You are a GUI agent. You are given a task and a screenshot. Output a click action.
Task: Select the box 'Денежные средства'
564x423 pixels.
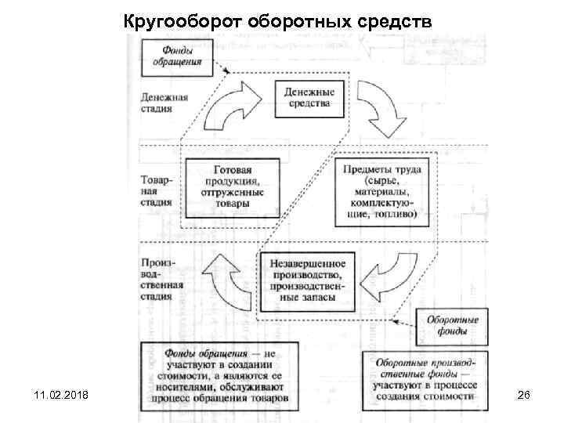click(308, 96)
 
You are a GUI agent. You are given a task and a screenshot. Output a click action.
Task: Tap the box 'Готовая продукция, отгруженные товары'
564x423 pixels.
click(233, 185)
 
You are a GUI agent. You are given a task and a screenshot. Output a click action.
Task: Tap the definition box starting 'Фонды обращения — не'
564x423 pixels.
click(220, 375)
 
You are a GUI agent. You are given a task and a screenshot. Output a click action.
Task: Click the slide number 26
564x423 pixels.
click(524, 397)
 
